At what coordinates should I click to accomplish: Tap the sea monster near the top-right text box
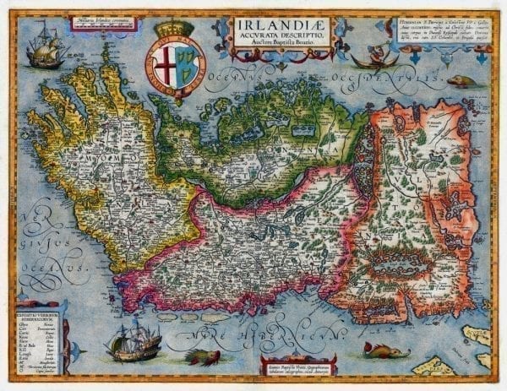[461, 81]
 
